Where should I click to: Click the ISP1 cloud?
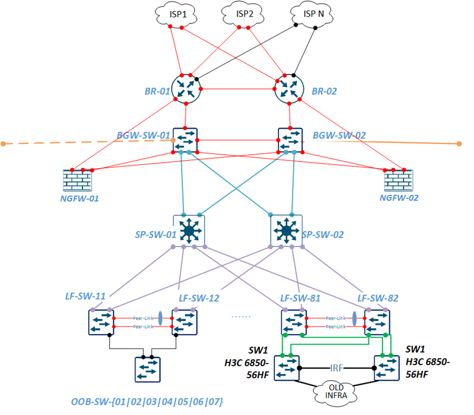176,15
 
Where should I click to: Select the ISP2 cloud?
244,14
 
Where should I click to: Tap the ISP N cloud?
312,14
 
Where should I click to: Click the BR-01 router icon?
186,89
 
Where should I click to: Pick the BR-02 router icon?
289,89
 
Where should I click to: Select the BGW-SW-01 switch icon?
185,140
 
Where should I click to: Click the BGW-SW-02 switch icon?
290,140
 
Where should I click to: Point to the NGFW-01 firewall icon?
77,180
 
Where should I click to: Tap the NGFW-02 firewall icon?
399,180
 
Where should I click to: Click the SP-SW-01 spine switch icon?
189,230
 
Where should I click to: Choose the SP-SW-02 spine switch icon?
286,230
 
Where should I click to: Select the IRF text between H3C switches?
336,368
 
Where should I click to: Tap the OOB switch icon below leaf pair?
147,369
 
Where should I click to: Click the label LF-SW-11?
85,296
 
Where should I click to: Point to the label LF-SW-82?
378,298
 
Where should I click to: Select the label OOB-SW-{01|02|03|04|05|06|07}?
147,402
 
